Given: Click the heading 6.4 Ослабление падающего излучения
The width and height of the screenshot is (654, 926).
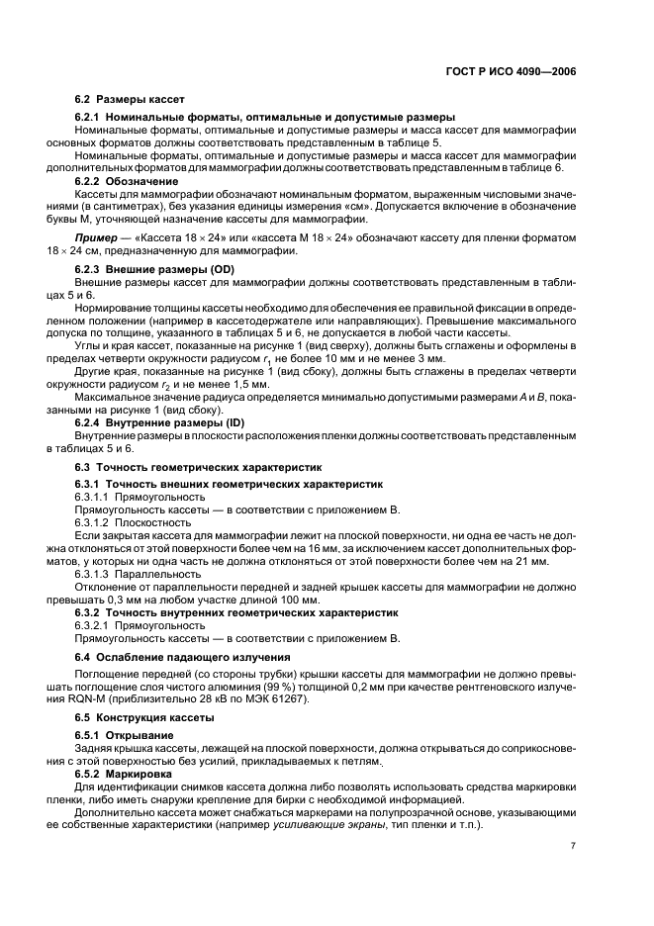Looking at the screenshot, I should click(x=183, y=657).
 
